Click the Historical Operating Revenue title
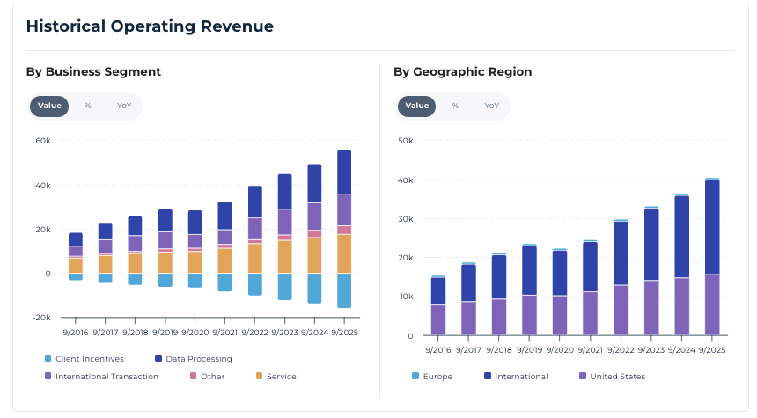coord(150,26)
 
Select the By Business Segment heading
coord(93,72)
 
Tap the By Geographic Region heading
coord(462,72)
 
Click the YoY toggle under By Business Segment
coord(124,106)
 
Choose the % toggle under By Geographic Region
coord(455,106)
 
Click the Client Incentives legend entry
coord(84,359)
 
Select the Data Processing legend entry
coord(193,359)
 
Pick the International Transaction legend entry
coord(101,376)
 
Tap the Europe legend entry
coord(432,376)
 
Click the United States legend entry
coord(612,376)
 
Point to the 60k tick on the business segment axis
coord(43,141)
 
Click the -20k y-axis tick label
coord(41,318)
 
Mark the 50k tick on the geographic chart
coord(406,141)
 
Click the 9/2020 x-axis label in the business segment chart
coord(195,333)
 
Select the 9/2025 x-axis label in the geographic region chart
coord(712,350)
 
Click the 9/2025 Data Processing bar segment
coord(344,172)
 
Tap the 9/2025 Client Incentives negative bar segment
coord(344,290)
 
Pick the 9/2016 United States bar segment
coord(438,320)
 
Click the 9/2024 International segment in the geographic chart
coord(681,237)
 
